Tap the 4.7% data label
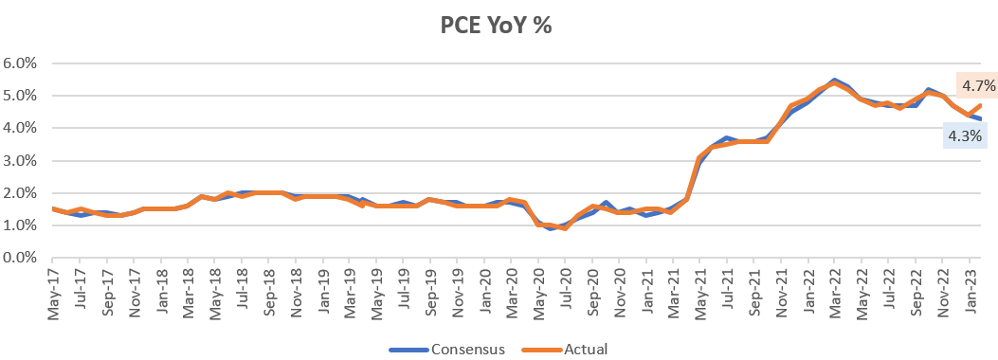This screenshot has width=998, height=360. (x=978, y=86)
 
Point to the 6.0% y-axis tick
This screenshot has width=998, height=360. (x=20, y=63)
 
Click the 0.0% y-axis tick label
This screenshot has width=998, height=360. (x=20, y=258)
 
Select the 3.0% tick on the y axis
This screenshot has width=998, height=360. (x=20, y=161)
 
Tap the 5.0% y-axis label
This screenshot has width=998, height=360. (x=20, y=96)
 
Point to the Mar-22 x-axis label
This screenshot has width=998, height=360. (x=834, y=290)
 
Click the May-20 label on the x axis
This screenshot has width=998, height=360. (x=539, y=290)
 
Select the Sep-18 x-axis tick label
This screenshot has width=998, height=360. (x=269, y=290)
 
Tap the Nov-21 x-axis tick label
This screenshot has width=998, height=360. (x=781, y=290)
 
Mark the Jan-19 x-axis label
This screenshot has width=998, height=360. (x=323, y=290)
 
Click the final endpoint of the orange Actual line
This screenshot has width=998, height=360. (x=981, y=105)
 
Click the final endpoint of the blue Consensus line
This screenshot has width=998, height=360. (x=981, y=118)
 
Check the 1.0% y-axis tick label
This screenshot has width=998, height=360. (x=20, y=225)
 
